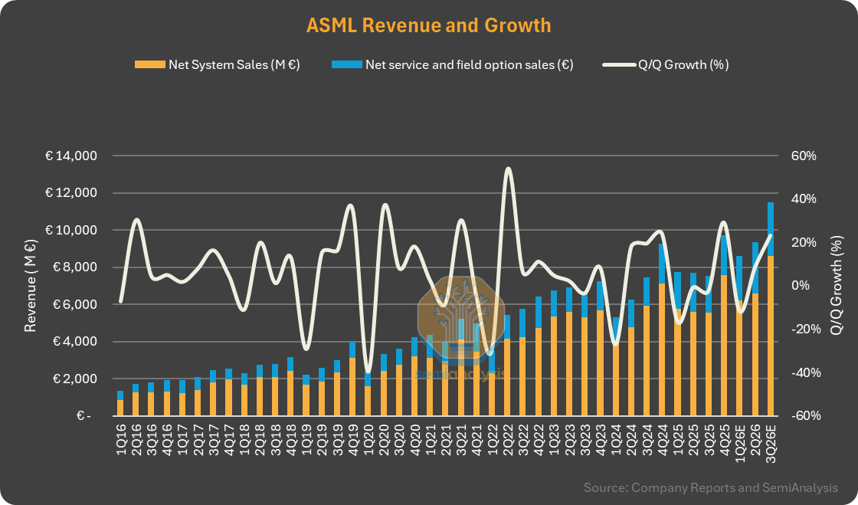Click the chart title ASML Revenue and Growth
click(x=428, y=26)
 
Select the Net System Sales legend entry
click(x=218, y=64)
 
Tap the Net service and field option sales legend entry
click(x=453, y=64)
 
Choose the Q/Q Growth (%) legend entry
click(x=666, y=64)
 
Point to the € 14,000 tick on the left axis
click(x=71, y=156)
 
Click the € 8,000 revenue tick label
click(x=74, y=267)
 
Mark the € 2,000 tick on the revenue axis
click(x=74, y=379)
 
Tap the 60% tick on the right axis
click(x=804, y=156)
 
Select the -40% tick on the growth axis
click(x=806, y=372)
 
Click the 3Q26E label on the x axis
click(x=771, y=442)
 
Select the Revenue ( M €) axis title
click(x=30, y=286)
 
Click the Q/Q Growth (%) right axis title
click(x=836, y=286)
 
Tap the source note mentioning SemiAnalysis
click(x=711, y=487)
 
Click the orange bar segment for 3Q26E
click(x=771, y=336)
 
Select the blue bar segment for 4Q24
click(x=662, y=264)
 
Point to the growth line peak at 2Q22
click(x=509, y=169)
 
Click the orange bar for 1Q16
click(x=120, y=408)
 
